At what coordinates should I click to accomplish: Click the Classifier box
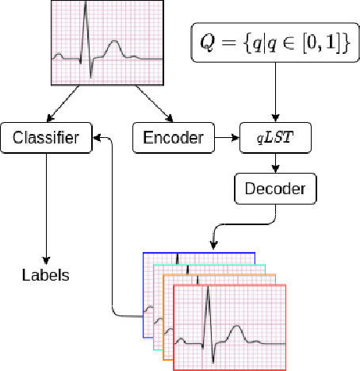tap(45, 139)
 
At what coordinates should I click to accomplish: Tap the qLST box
tap(274, 139)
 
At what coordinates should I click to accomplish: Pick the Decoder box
tap(274, 189)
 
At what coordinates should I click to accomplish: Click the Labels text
tap(45, 276)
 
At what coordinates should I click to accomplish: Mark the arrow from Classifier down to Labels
tap(45, 206)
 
